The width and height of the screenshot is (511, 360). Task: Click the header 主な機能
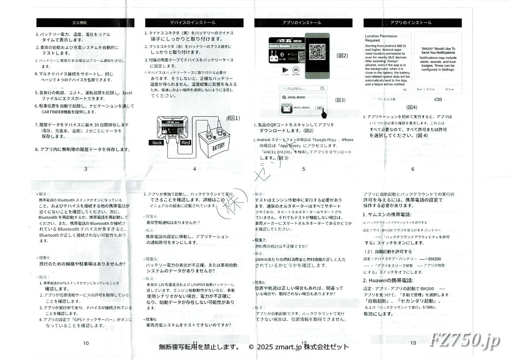85,23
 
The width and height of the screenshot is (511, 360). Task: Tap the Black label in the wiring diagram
156,142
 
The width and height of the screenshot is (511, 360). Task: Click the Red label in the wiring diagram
186,142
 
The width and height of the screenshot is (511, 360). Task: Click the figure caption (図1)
233,118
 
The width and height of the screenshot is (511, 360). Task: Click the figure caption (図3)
340,100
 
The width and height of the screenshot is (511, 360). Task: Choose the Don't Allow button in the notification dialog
425,89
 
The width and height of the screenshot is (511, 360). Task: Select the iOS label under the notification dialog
438,99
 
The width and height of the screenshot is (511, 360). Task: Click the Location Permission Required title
381,38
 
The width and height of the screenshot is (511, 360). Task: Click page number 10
86,343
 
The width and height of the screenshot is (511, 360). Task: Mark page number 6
412,169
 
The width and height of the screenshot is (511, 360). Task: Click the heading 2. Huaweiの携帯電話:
388,280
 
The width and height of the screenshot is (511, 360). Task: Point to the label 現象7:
263,240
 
